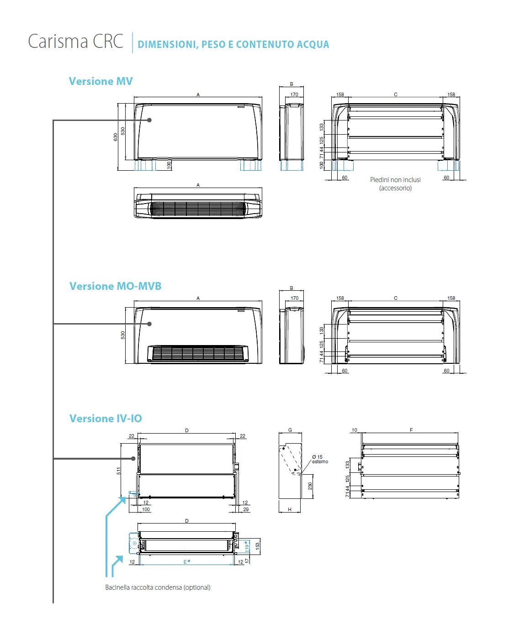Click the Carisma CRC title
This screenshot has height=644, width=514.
(76, 42)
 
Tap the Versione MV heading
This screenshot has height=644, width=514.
(101, 81)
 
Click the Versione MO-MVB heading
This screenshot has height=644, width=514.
(115, 286)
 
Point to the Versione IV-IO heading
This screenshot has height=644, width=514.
(106, 419)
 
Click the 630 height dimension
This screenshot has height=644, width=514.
(116, 137)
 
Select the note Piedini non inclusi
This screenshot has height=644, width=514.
(395, 180)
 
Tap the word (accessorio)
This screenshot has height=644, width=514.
(395, 188)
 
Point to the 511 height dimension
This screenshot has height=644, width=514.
(119, 471)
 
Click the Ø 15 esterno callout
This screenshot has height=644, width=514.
(319, 459)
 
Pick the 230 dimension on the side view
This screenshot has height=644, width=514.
(310, 486)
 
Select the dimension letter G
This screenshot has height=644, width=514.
(290, 430)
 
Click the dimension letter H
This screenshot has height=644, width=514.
(290, 509)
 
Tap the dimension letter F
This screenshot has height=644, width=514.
(411, 430)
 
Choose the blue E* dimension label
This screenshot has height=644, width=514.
(186, 561)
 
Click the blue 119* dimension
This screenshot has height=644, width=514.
(247, 546)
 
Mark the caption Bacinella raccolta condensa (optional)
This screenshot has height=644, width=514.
(158, 587)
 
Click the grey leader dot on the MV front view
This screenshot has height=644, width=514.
(149, 120)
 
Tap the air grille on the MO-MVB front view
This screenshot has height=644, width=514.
(198, 353)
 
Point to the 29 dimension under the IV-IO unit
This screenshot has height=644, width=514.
(246, 509)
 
